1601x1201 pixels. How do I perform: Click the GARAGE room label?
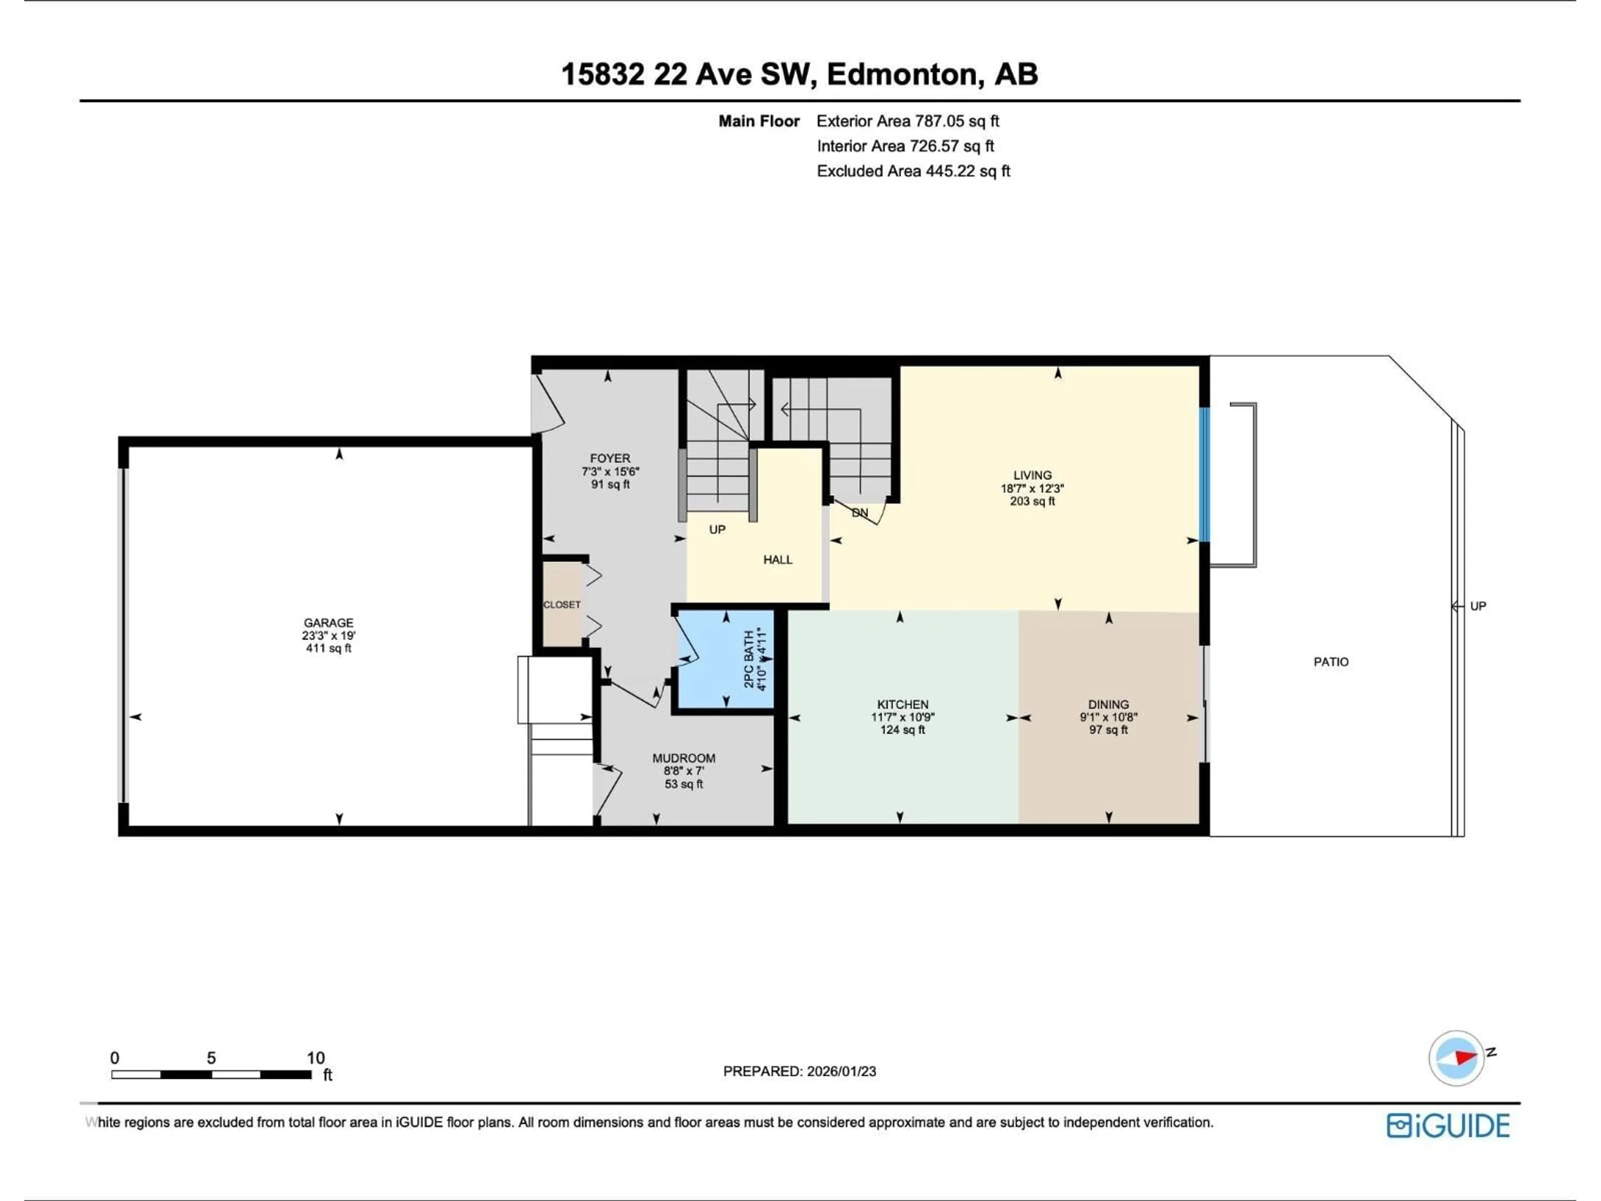329,623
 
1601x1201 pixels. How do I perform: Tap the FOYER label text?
610,458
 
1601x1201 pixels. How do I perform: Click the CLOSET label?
562,605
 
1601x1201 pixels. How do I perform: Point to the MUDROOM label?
683,758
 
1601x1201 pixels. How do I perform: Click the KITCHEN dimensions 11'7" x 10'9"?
903,717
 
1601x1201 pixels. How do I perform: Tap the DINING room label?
1108,704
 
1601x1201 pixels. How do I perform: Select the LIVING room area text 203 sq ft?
1032,501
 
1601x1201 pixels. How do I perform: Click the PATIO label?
1331,662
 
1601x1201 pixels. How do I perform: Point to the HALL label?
777,560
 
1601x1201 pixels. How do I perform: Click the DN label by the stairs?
859,513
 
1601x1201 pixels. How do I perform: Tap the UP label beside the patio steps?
1478,606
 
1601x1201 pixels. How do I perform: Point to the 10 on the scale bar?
316,1058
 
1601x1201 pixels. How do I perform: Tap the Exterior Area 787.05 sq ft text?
908,121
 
